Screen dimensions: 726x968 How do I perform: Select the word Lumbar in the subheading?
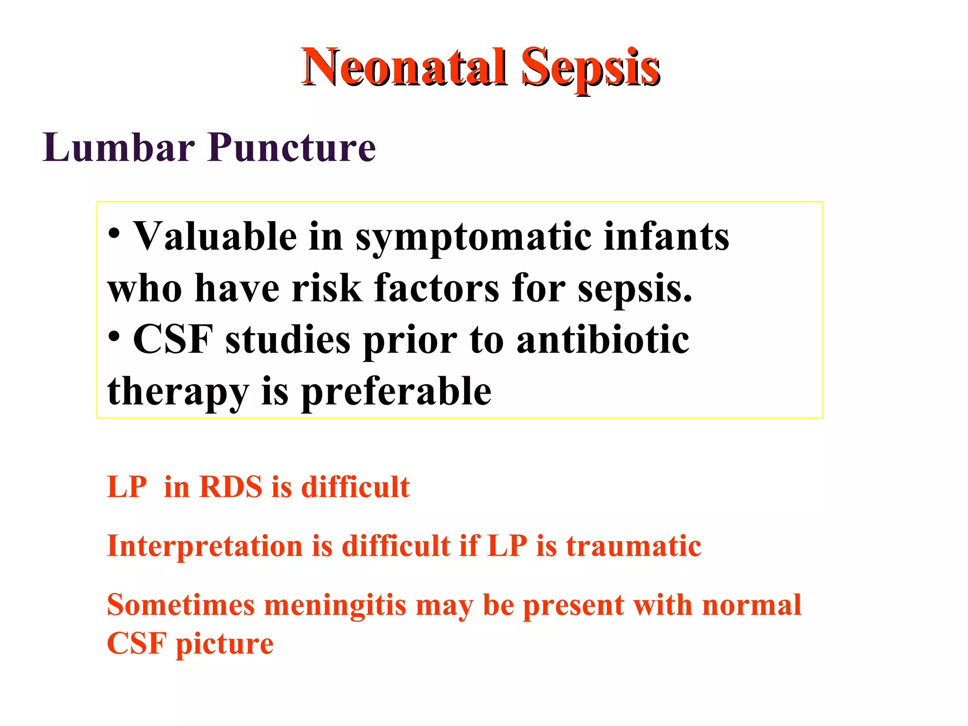click(x=118, y=147)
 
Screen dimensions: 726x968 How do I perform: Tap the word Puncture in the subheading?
click(x=292, y=147)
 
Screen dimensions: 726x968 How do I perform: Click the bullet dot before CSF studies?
click(x=114, y=337)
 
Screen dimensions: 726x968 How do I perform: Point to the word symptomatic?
click(x=473, y=237)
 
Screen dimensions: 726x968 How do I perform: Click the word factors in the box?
click(x=436, y=288)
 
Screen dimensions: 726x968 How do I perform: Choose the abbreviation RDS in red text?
click(x=231, y=487)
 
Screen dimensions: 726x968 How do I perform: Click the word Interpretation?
click(x=205, y=546)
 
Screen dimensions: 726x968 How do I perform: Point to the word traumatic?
click(x=633, y=546)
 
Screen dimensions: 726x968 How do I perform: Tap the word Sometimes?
click(x=181, y=605)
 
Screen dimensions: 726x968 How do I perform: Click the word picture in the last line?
click(x=225, y=644)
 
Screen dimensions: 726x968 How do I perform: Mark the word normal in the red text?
click(x=752, y=605)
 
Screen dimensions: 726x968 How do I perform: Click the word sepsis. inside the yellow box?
click(x=635, y=288)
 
